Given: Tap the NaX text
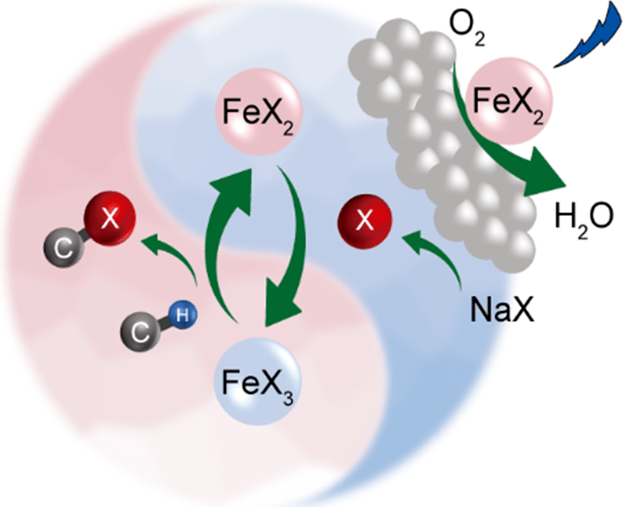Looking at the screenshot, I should (x=502, y=307).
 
